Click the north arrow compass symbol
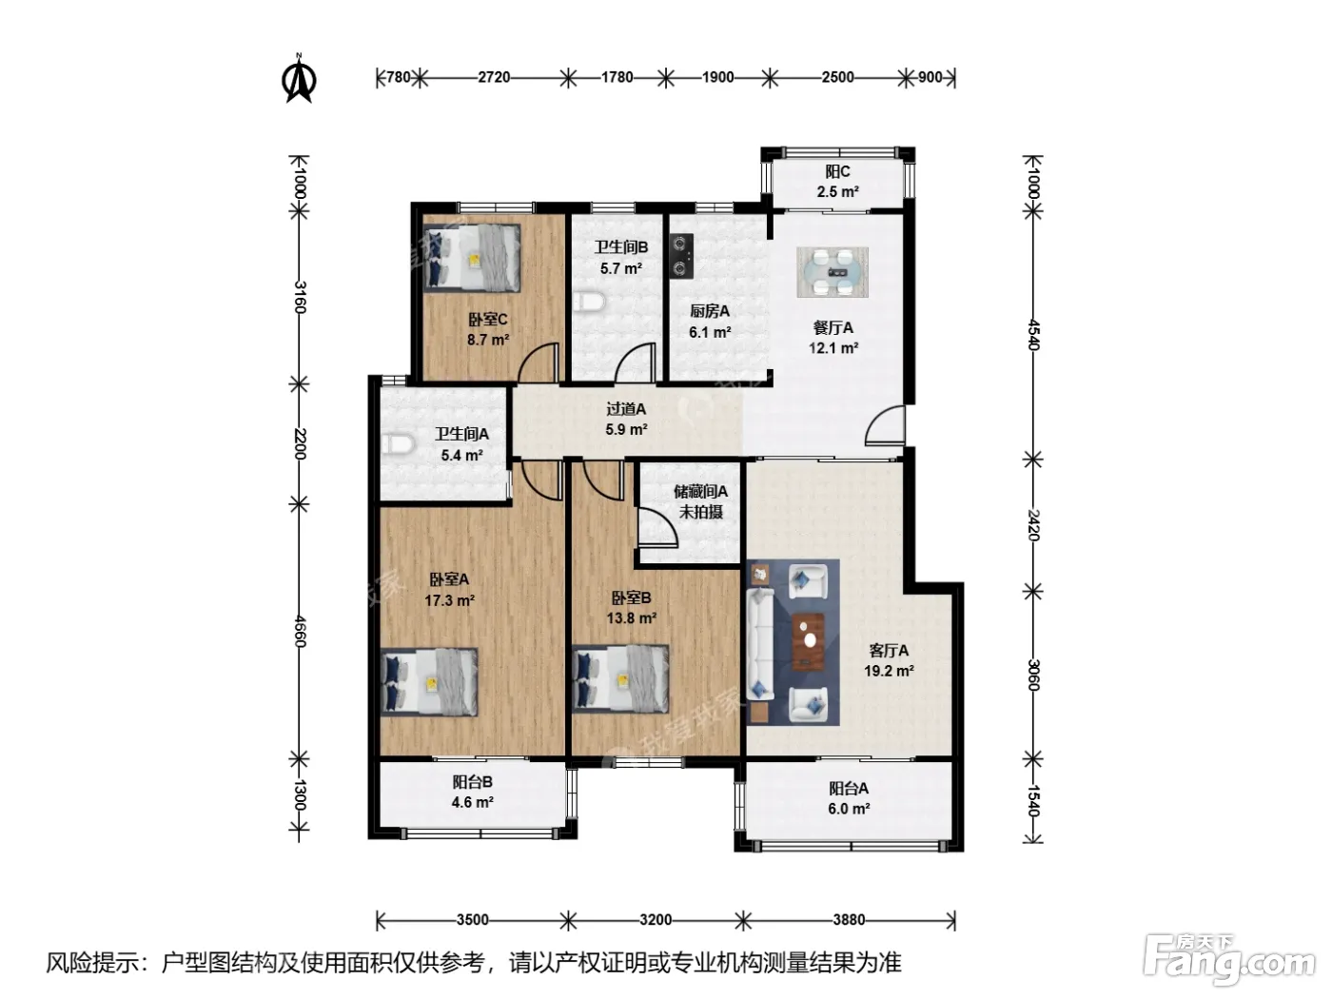tap(299, 78)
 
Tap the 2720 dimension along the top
tap(494, 78)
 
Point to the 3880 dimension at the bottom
tap(849, 920)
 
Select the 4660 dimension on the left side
tap(299, 632)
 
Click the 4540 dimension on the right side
tap(1033, 334)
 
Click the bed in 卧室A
tap(429, 682)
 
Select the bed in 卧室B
tap(620, 678)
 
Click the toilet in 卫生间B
tap(589, 302)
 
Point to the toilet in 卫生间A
tap(398, 443)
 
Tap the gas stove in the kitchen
tap(681, 256)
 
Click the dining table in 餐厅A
tap(832, 272)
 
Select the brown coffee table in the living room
tap(809, 641)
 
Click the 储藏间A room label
tap(701, 491)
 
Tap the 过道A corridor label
tap(626, 409)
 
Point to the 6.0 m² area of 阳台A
tap(849, 809)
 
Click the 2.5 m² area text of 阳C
tap(837, 191)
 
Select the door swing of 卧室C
tap(538, 362)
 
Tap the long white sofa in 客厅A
tap(759, 645)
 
